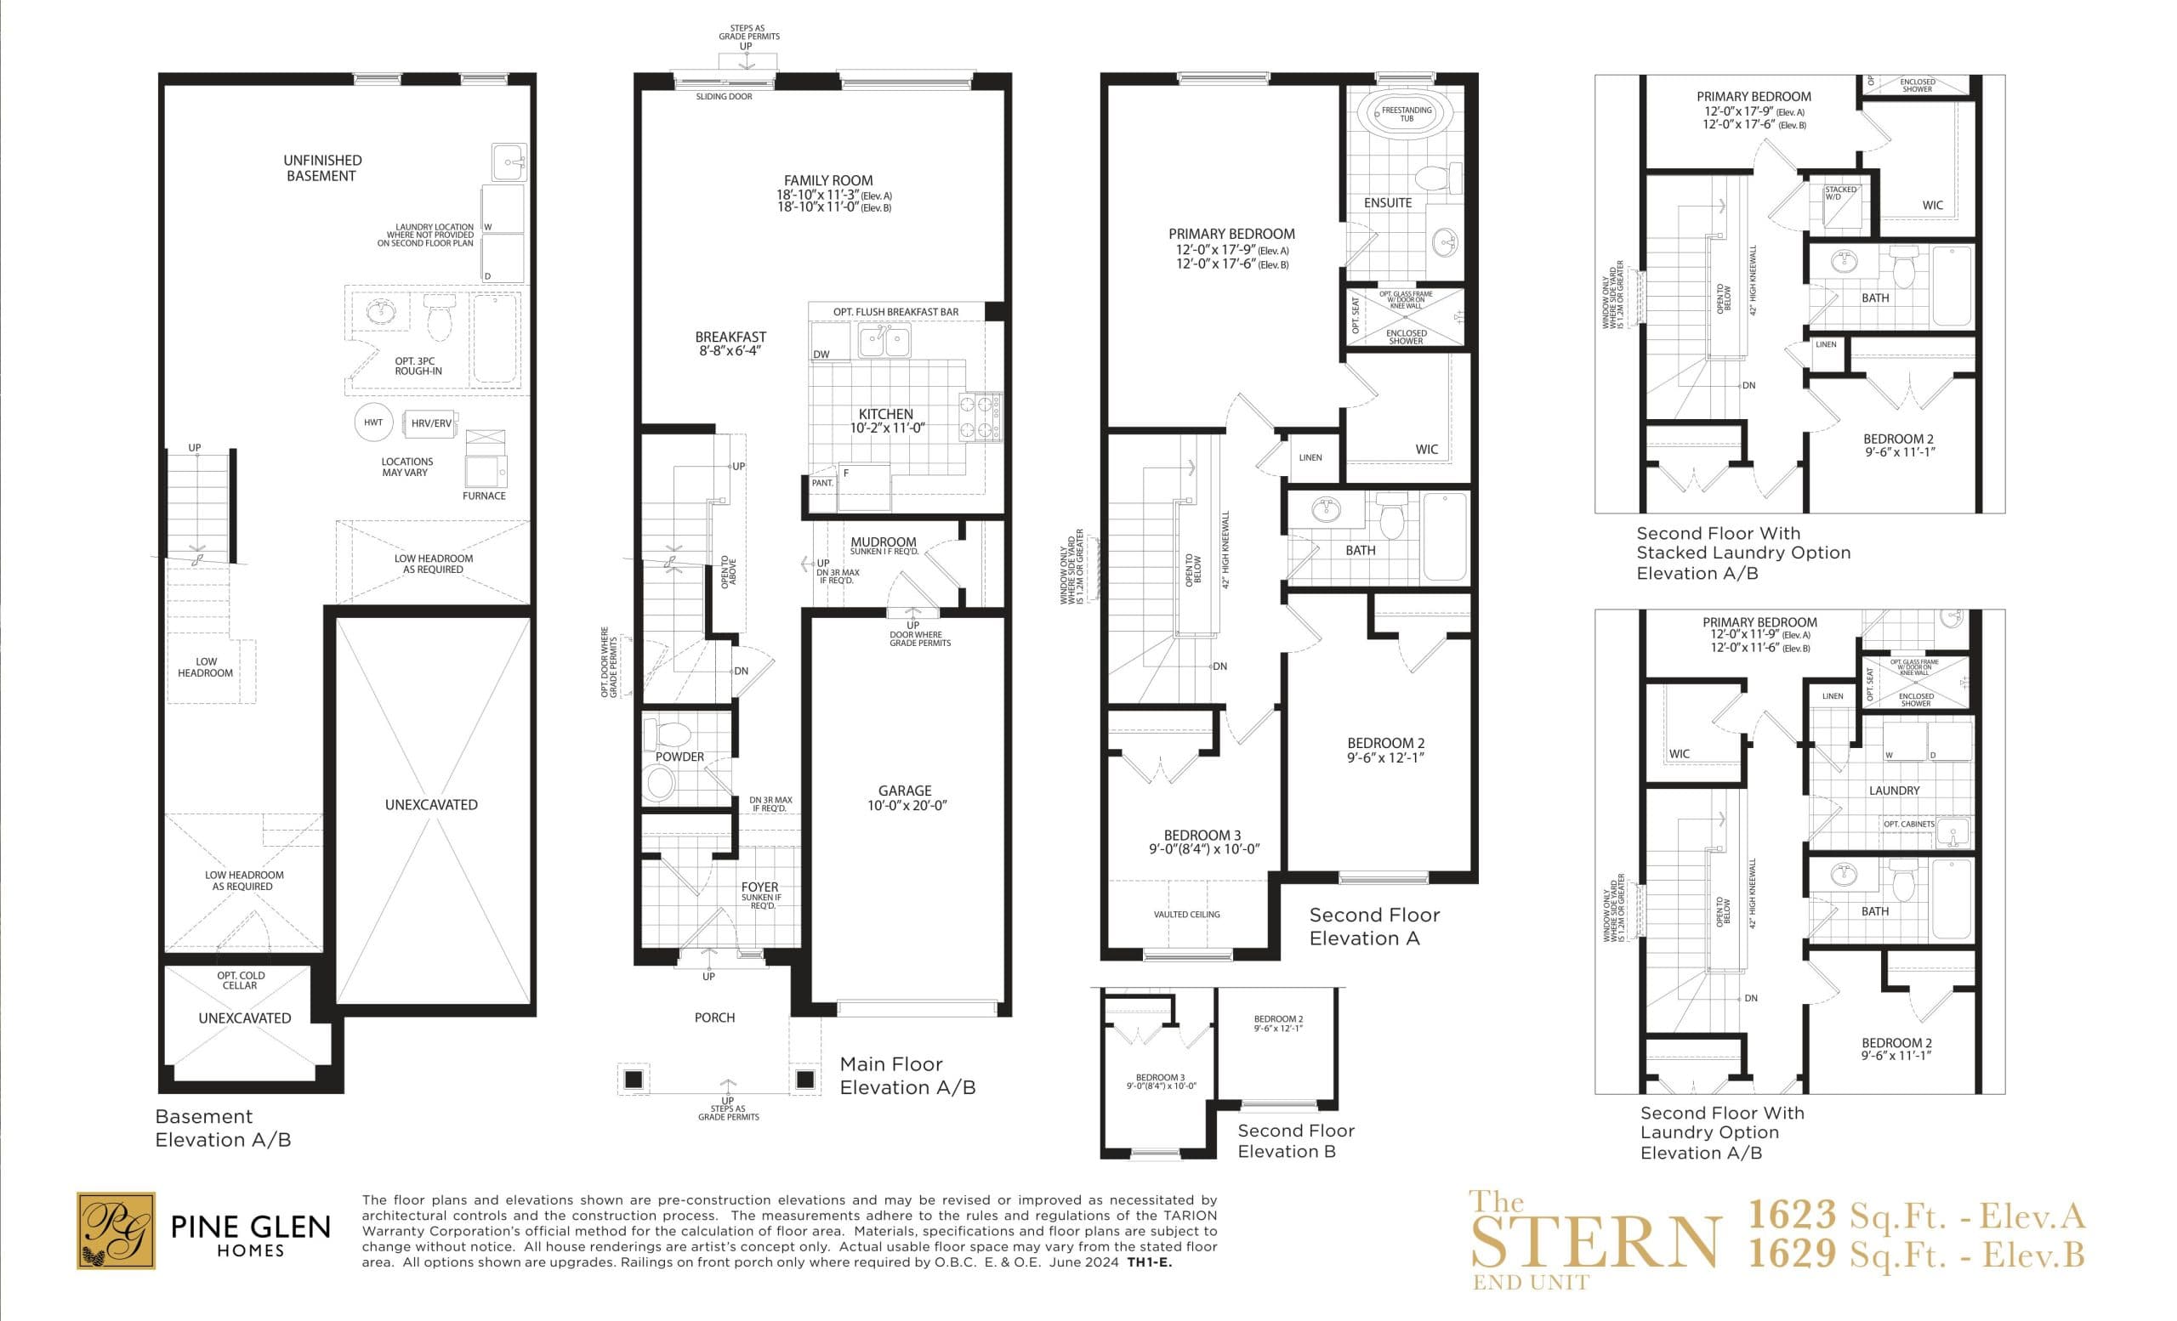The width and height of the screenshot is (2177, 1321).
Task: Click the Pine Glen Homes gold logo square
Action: point(116,1230)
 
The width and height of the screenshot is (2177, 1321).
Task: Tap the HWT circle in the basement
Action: point(372,422)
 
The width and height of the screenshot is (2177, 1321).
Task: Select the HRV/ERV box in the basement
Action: point(430,423)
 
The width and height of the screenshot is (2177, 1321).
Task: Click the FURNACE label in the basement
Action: point(483,496)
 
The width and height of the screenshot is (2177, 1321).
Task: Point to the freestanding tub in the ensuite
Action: point(1405,114)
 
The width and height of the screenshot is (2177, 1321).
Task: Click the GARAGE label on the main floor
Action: point(904,791)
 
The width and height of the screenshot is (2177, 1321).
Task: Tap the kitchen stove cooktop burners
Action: point(981,417)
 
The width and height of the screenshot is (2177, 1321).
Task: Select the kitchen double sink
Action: point(884,339)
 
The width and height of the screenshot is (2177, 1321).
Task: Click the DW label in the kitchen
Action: point(821,354)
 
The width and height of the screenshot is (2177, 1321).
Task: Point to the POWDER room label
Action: point(679,757)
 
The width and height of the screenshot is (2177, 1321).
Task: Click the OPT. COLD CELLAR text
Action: point(241,980)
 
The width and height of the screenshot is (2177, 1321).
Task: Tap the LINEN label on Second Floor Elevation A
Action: point(1310,457)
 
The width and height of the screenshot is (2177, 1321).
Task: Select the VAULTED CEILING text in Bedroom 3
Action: point(1185,914)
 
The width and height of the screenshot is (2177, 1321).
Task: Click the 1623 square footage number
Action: point(1792,1216)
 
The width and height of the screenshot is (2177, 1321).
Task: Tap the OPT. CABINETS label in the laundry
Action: point(1908,824)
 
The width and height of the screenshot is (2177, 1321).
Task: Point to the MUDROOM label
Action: point(883,541)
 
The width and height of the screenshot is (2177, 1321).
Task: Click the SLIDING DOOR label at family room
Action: point(724,96)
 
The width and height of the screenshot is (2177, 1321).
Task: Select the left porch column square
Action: point(633,1079)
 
